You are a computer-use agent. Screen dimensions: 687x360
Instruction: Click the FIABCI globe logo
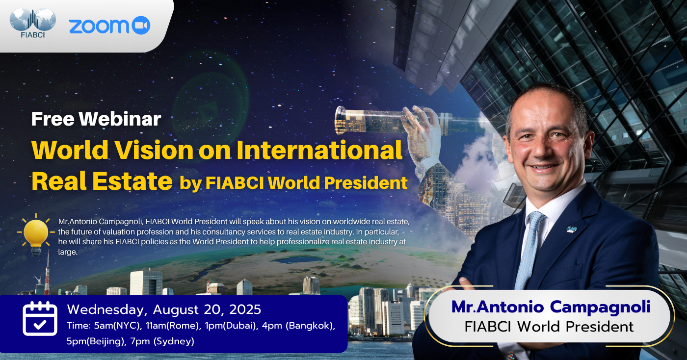tap(33, 23)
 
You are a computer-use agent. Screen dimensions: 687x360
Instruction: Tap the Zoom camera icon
tap(141, 25)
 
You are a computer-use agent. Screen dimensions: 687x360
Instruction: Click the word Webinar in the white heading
tap(120, 119)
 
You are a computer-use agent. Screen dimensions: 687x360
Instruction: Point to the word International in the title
tap(319, 150)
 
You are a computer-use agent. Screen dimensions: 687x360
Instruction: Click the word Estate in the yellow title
tap(132, 181)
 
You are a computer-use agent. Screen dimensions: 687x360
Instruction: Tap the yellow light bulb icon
tap(36, 235)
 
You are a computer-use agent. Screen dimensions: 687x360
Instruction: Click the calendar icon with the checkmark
tap(40, 318)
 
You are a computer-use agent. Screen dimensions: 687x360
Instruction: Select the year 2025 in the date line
tap(245, 309)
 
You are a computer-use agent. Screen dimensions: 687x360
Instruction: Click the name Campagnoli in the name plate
tap(600, 308)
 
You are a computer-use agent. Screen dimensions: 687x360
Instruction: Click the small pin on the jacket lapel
tap(571, 230)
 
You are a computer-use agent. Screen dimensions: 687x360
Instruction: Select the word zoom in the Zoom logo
tap(99, 26)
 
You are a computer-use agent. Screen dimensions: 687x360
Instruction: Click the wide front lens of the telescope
tap(340, 120)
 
